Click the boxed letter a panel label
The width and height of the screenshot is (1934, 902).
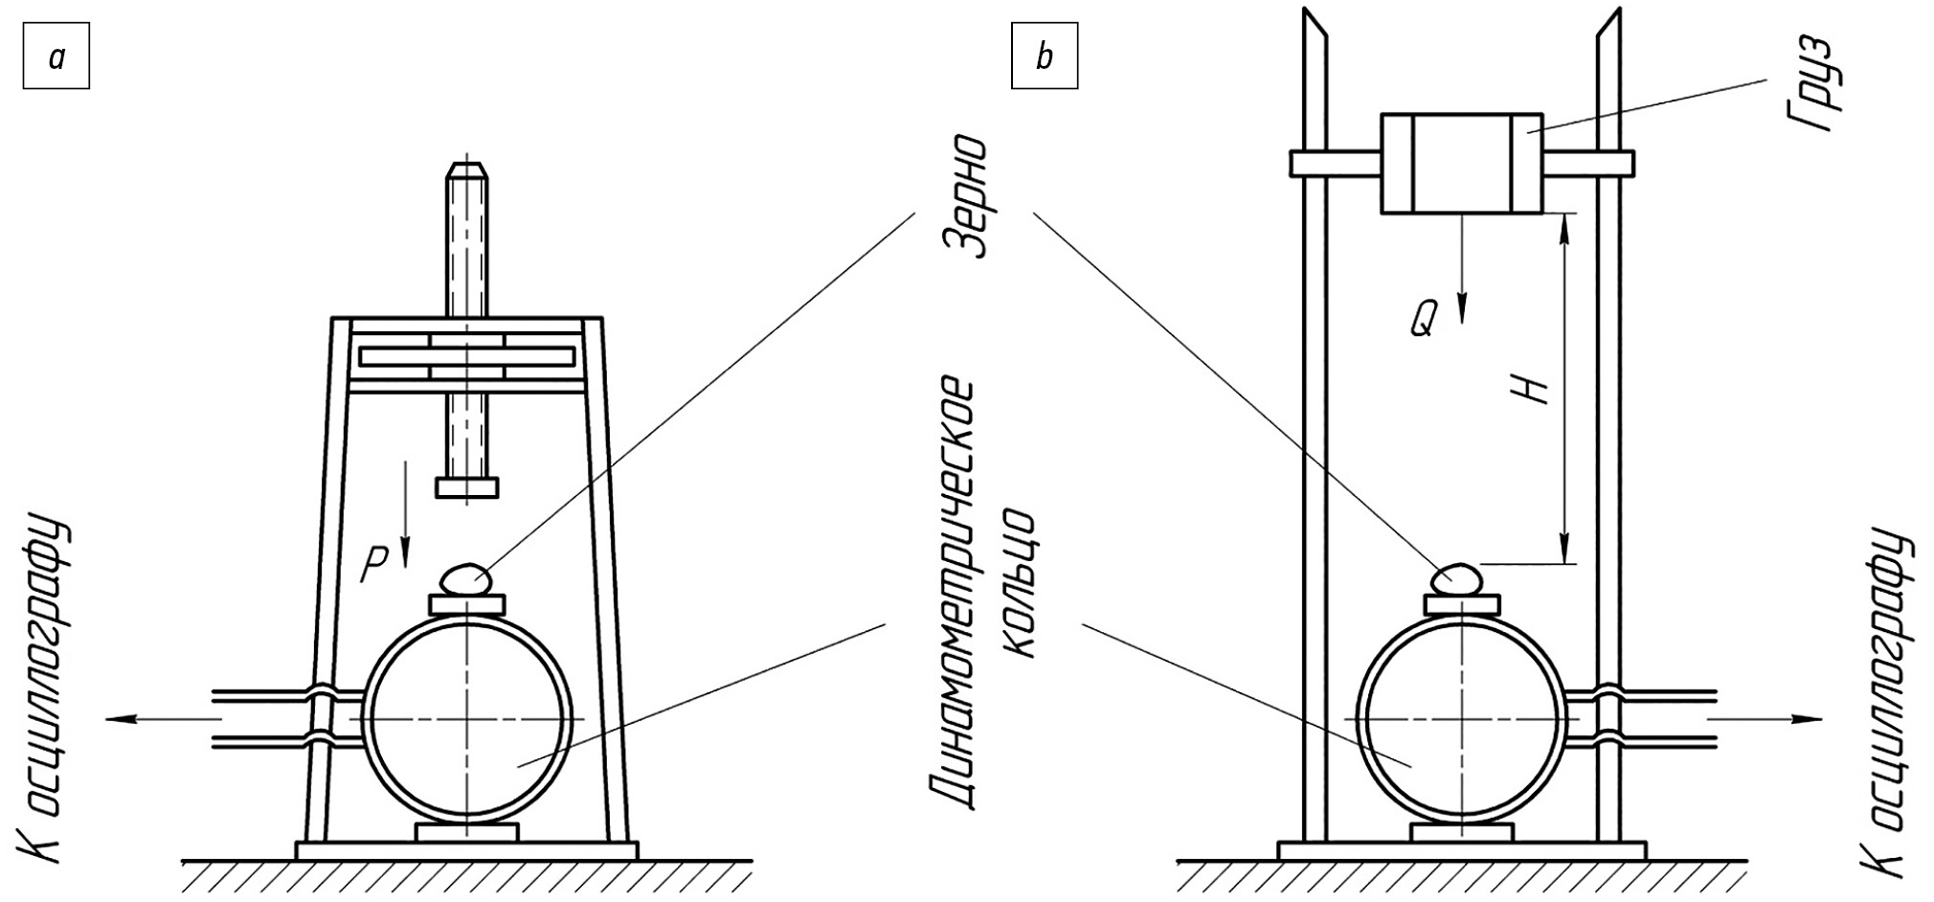tap(56, 57)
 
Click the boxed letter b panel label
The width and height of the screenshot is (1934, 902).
tap(1045, 57)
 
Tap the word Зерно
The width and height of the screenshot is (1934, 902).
tap(966, 196)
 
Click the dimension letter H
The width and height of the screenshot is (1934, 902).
tap(1533, 387)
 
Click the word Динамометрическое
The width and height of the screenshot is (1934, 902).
tap(954, 595)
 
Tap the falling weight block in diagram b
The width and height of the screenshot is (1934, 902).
tap(1461, 163)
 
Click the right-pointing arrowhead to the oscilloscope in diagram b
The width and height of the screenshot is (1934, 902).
tap(1810, 718)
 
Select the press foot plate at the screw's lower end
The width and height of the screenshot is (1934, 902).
tap(467, 487)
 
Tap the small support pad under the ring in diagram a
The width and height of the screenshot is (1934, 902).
tap(467, 832)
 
